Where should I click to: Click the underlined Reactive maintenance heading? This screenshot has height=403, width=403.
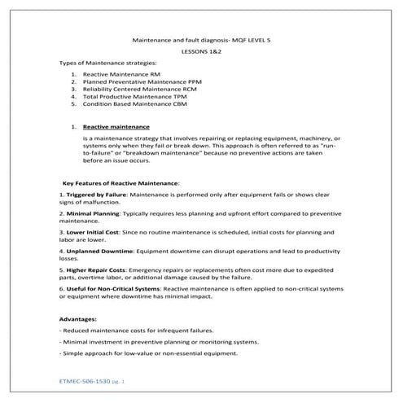[x=116, y=127]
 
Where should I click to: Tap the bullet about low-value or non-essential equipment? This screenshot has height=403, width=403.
[x=148, y=354]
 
